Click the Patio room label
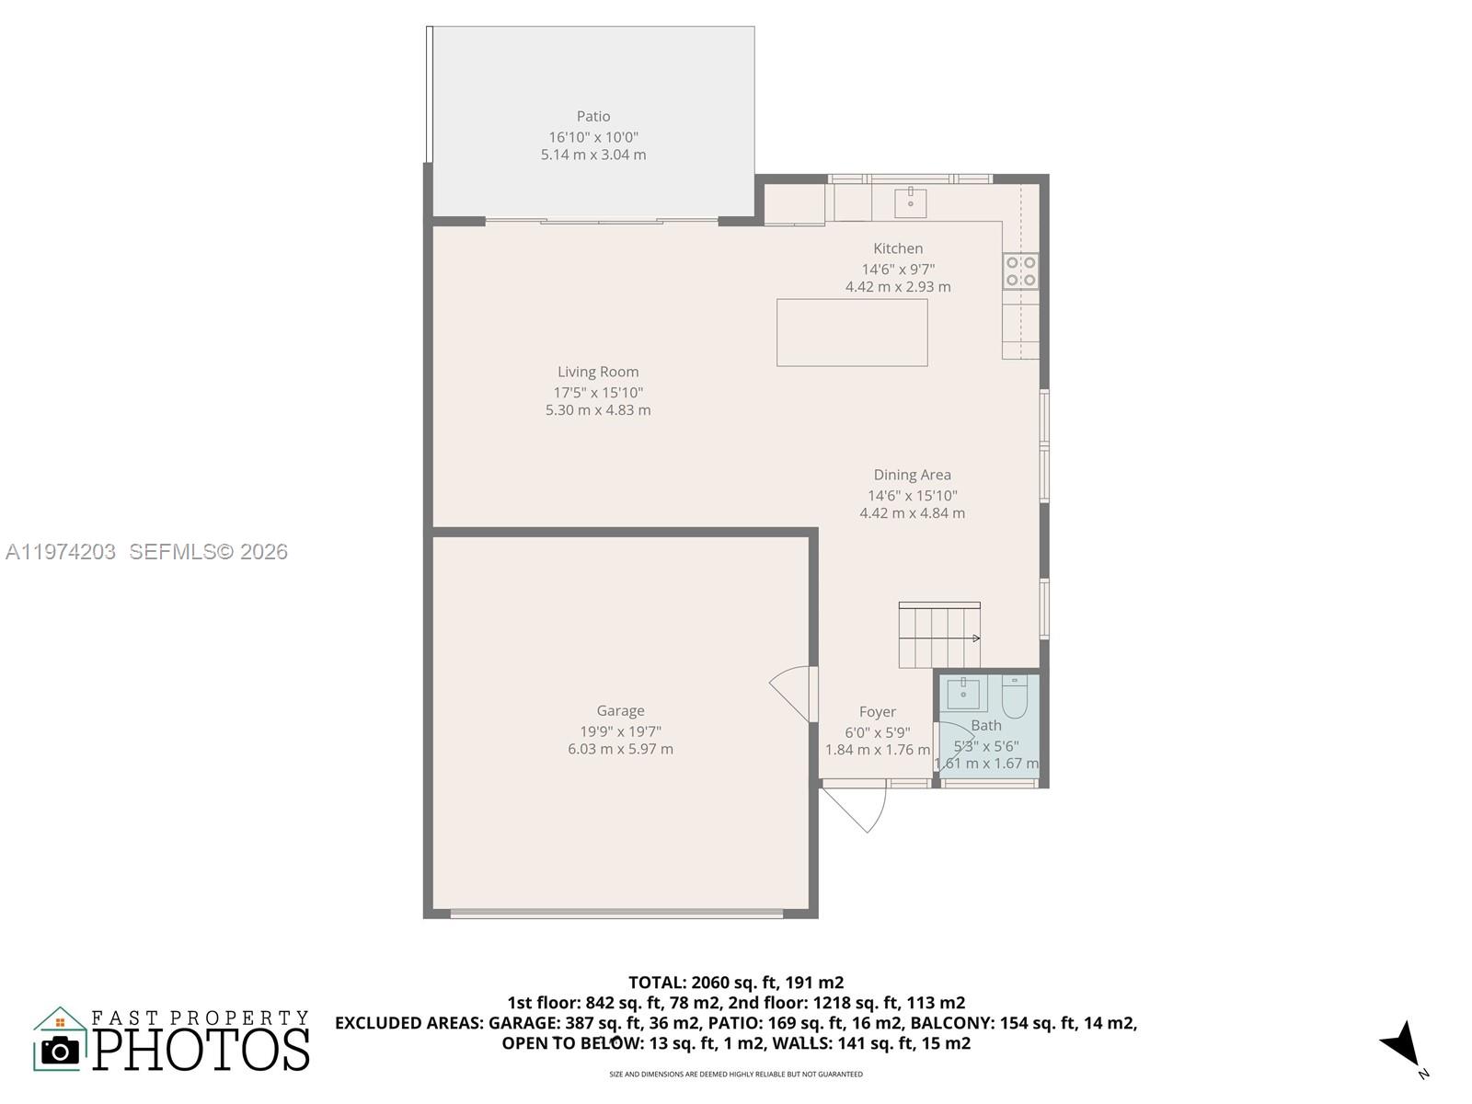click(593, 116)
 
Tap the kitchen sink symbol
click(910, 202)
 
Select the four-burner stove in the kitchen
click(1020, 271)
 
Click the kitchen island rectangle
click(852, 332)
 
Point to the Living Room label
click(598, 372)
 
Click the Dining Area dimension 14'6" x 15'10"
click(912, 495)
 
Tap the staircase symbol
click(938, 636)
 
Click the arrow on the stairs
click(974, 638)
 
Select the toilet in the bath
click(1014, 696)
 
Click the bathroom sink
click(963, 693)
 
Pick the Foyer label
click(877, 711)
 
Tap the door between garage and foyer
click(793, 695)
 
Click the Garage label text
click(620, 710)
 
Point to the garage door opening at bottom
click(616, 914)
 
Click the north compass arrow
click(1402, 1044)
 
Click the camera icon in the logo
click(61, 1050)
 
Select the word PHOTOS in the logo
click(201, 1050)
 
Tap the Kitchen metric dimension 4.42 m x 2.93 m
click(898, 287)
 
